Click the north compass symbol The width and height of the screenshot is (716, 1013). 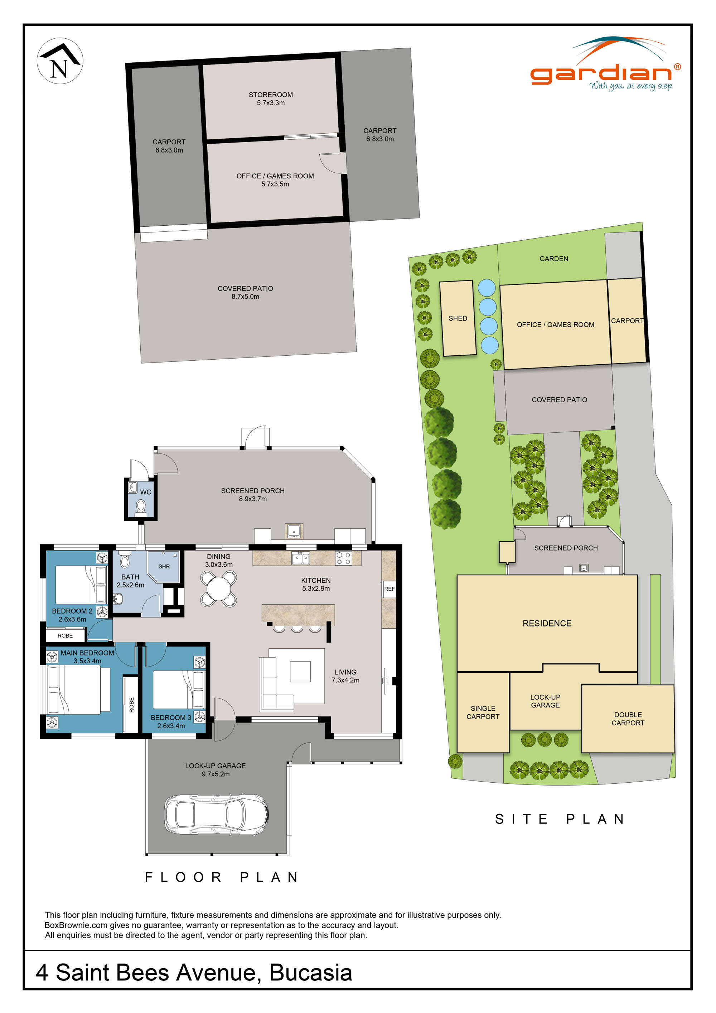click(59, 61)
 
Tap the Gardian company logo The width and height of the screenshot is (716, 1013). click(605, 66)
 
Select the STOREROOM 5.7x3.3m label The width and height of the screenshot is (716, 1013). click(271, 99)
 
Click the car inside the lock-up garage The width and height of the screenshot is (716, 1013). click(216, 815)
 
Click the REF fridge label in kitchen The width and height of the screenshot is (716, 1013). click(389, 589)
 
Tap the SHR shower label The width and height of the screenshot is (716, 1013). click(164, 567)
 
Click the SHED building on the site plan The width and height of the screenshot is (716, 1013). click(458, 318)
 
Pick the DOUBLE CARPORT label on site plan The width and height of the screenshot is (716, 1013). click(628, 719)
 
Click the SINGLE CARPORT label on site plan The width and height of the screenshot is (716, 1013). click(483, 712)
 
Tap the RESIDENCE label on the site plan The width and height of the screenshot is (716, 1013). click(547, 623)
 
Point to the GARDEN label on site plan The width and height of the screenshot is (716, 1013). click(554, 259)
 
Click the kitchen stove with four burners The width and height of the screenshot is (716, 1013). click(343, 558)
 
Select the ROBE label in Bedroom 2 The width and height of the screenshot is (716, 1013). click(65, 636)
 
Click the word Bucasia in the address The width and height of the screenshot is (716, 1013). click(310, 973)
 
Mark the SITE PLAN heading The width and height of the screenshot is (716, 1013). click(560, 819)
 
